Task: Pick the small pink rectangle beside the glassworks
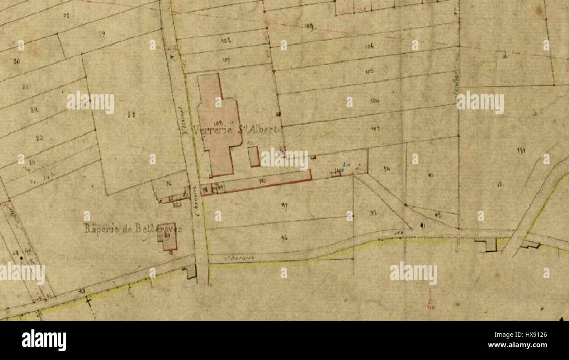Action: pos(253,156)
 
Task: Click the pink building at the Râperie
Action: pos(167,236)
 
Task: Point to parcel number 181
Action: pos(521,151)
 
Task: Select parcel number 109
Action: pos(309,27)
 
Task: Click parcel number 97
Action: pos(284,207)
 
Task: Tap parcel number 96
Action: pos(284,238)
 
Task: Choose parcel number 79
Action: pos(102,33)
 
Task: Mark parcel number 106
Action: pos(370,46)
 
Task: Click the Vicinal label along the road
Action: pos(184,120)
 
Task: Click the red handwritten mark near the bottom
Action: pos(431,302)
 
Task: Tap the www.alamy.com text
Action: pos(517,345)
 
